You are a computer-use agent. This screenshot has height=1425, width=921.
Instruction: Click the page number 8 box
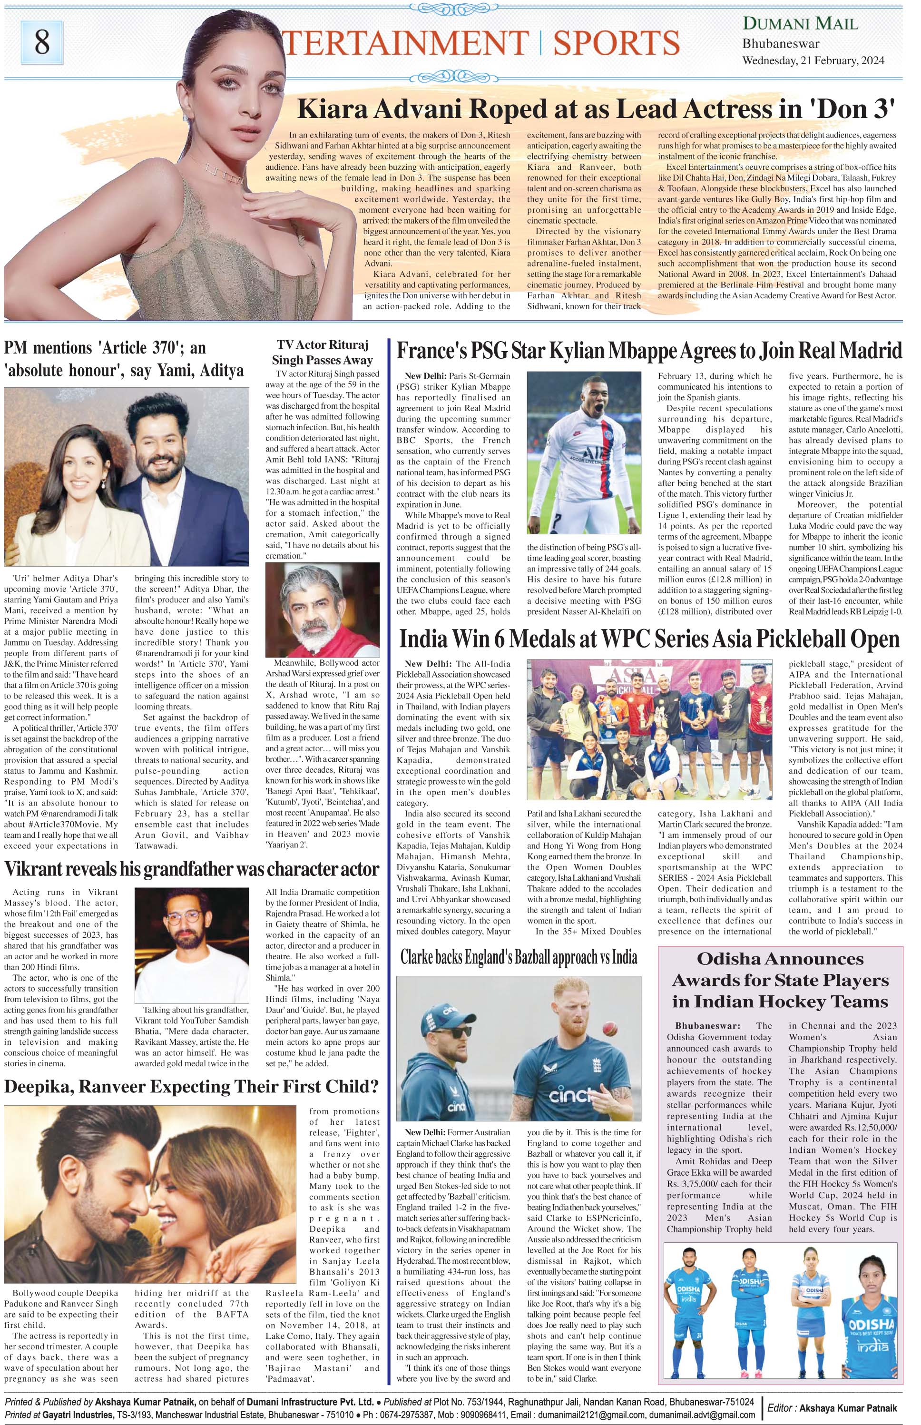pyautogui.click(x=42, y=42)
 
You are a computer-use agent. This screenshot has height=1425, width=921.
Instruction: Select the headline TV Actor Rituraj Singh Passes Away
pyautogui.click(x=323, y=353)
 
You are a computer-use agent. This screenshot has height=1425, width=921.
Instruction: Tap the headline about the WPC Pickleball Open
pyautogui.click(x=649, y=639)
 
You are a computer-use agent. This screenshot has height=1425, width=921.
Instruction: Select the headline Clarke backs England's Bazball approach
pyautogui.click(x=519, y=957)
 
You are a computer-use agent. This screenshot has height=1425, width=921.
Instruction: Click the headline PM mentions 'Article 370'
pyautogui.click(x=124, y=359)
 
